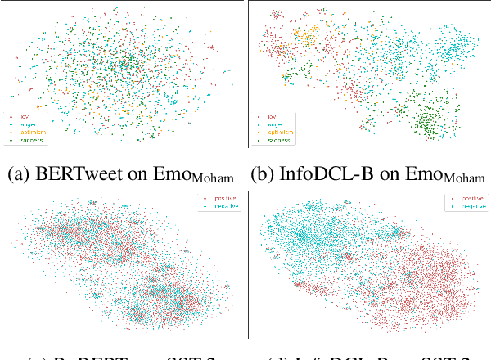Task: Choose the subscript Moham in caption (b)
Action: coord(462,179)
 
